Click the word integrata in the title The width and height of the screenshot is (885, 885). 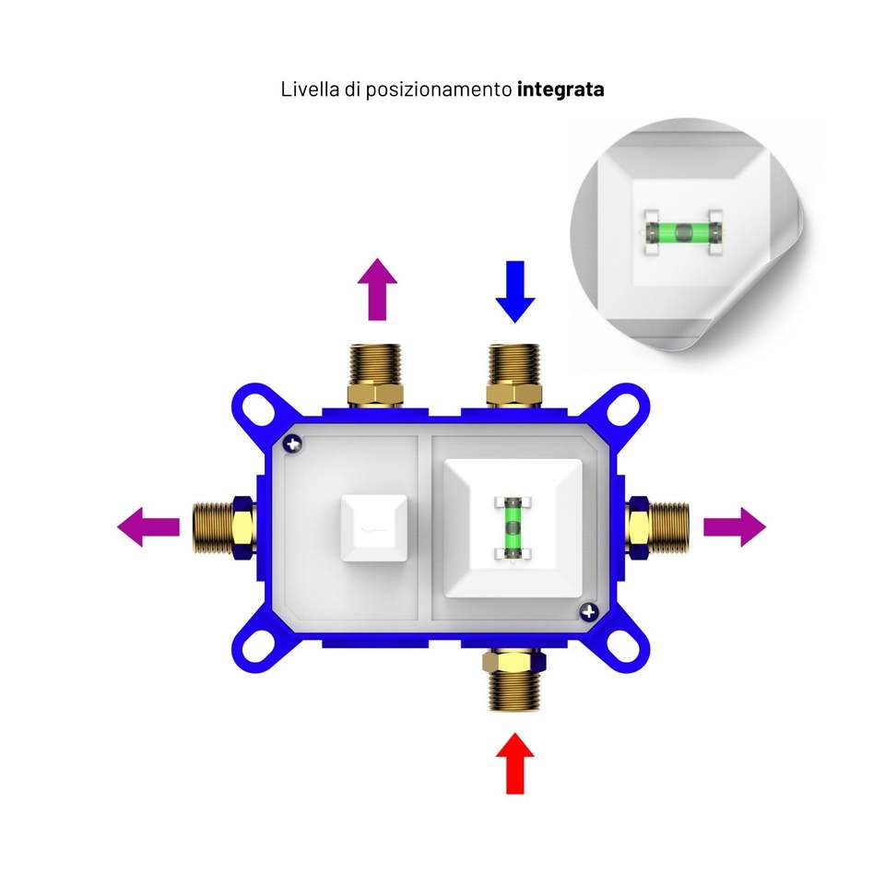click(x=560, y=90)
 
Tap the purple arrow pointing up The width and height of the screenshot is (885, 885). click(x=377, y=289)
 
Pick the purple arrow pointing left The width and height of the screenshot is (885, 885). click(x=149, y=527)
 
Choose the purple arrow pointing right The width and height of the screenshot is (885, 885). click(x=735, y=527)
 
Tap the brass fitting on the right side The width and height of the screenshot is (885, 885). click(x=654, y=527)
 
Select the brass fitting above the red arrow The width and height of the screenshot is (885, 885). click(x=514, y=678)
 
